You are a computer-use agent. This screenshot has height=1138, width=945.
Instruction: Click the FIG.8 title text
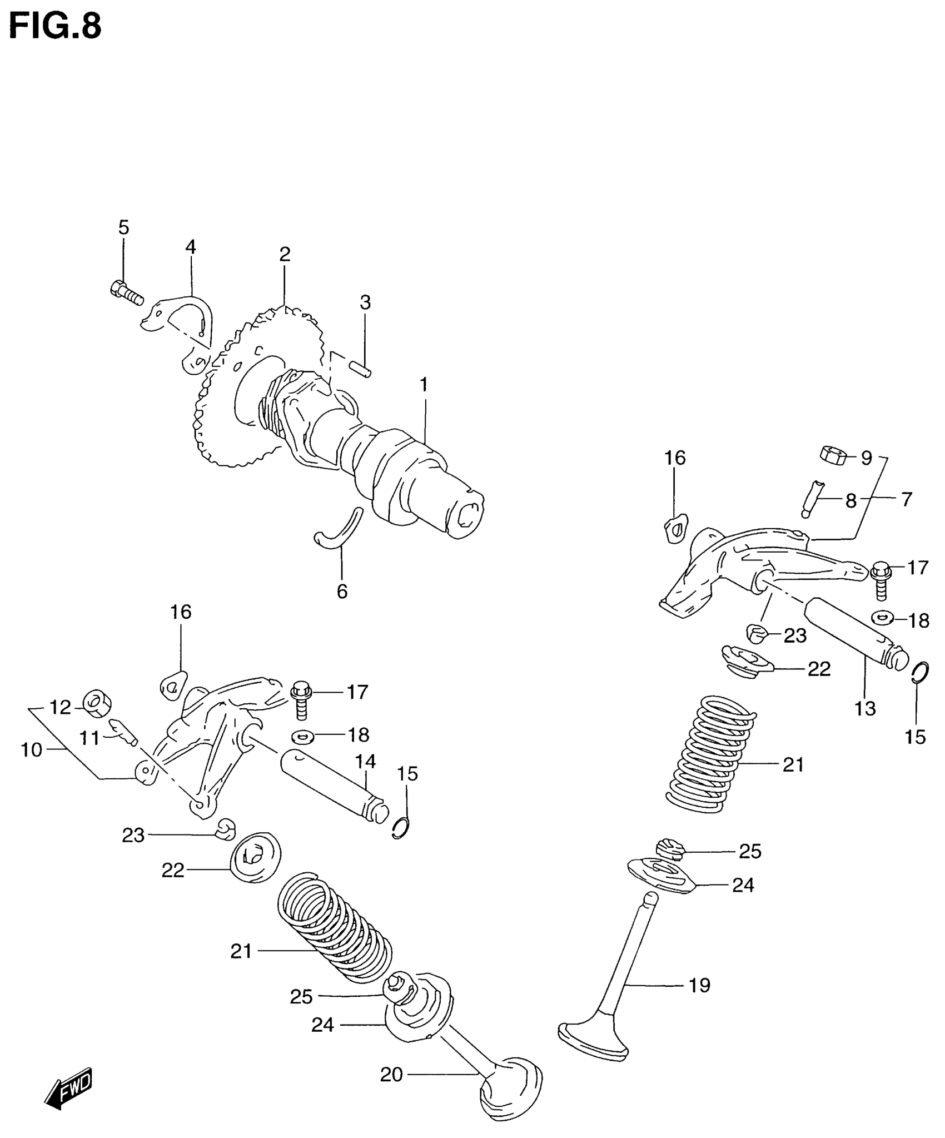(x=56, y=26)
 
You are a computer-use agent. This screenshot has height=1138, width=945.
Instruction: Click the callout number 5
(x=123, y=227)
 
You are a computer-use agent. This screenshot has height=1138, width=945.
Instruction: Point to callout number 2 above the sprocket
(x=285, y=255)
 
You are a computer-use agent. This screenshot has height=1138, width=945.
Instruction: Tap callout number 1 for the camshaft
(x=424, y=385)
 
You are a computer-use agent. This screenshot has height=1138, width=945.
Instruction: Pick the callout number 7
(x=907, y=500)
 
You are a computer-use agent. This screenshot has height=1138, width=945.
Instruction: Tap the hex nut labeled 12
(x=97, y=703)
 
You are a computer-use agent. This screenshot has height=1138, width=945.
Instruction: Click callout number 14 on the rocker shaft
(x=366, y=762)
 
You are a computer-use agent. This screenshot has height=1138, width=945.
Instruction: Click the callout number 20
(x=391, y=1075)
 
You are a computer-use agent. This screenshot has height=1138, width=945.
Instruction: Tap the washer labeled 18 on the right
(x=883, y=617)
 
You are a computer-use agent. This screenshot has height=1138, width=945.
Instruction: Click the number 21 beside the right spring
(x=793, y=765)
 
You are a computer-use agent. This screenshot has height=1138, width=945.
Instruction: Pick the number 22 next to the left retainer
(x=173, y=870)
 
